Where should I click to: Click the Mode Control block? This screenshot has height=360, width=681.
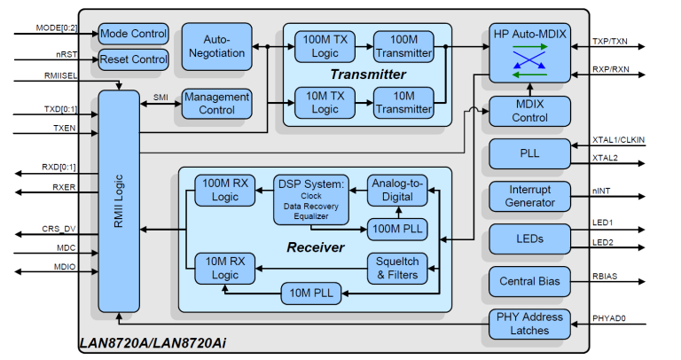click(x=133, y=34)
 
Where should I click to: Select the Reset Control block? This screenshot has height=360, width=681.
click(x=133, y=59)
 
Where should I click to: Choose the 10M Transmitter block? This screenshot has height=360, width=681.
click(x=403, y=103)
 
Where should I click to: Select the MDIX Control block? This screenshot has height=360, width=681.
click(x=529, y=111)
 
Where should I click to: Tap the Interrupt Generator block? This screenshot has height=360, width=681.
click(x=530, y=196)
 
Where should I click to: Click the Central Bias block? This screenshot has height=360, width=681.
click(x=530, y=281)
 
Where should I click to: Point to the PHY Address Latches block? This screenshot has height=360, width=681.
click(x=530, y=324)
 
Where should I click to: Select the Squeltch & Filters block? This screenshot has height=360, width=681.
click(x=397, y=268)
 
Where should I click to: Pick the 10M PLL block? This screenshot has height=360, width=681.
click(x=311, y=293)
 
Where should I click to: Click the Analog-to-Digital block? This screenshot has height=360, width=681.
click(x=397, y=190)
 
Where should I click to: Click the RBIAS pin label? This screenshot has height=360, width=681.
click(x=605, y=276)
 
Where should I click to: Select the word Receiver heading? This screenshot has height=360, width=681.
click(x=315, y=247)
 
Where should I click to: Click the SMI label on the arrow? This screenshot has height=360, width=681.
click(x=160, y=98)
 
